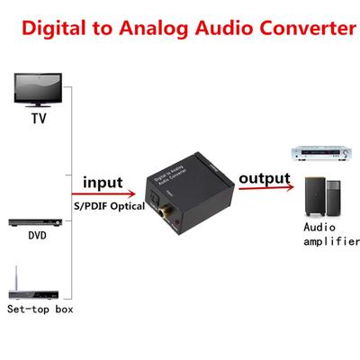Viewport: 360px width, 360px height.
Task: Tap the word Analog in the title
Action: click(x=159, y=28)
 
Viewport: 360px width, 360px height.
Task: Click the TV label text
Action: click(x=38, y=118)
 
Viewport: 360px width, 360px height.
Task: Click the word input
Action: click(x=102, y=183)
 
